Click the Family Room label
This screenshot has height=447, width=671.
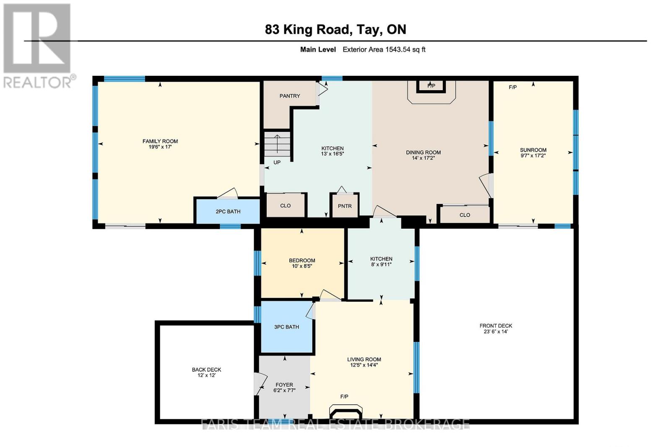(160, 141)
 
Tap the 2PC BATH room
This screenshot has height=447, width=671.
(228, 212)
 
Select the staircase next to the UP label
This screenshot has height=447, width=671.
(277, 144)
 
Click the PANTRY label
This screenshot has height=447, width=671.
(290, 96)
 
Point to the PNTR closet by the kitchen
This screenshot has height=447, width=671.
(344, 206)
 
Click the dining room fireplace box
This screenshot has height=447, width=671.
(431, 86)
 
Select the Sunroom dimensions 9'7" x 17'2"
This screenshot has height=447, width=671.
(533, 155)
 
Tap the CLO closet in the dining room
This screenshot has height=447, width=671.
(465, 214)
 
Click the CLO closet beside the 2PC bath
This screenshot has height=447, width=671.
(286, 206)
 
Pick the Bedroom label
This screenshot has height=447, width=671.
(302, 260)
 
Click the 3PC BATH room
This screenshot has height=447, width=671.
(287, 327)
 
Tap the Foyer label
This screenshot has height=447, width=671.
(284, 385)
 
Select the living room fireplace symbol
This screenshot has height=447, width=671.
(346, 412)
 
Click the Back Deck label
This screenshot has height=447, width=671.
(206, 370)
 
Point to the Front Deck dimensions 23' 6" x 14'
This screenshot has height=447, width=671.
(496, 331)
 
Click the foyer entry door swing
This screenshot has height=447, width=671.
(260, 384)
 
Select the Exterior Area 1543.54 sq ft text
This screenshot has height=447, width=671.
(384, 50)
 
